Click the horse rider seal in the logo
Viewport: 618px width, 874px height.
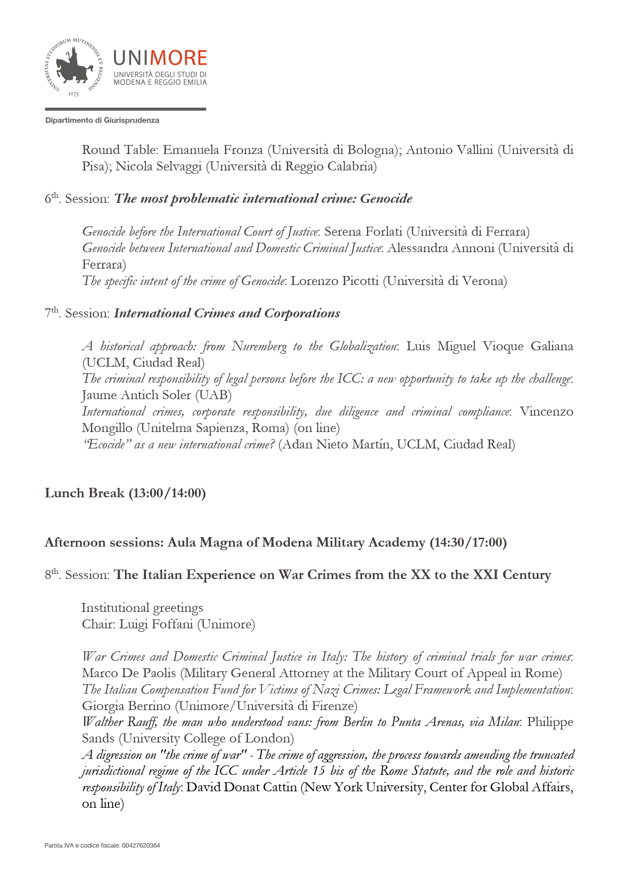(x=74, y=67)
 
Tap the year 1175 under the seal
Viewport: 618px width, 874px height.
(x=73, y=94)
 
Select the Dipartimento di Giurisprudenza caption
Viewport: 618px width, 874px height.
(x=102, y=121)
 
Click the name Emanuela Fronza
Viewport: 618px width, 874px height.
(x=213, y=150)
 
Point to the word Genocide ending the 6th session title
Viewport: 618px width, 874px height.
(x=386, y=199)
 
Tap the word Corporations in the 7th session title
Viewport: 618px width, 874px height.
(x=302, y=313)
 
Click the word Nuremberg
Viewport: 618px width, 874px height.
(x=259, y=346)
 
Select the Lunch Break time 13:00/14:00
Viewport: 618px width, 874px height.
(x=167, y=493)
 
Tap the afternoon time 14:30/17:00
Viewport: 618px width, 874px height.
(x=468, y=543)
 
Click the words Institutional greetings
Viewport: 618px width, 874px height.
(x=142, y=608)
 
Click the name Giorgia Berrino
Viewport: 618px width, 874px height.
(x=126, y=706)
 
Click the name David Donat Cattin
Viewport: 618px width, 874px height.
(x=242, y=787)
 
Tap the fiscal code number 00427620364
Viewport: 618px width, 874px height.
(x=141, y=846)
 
